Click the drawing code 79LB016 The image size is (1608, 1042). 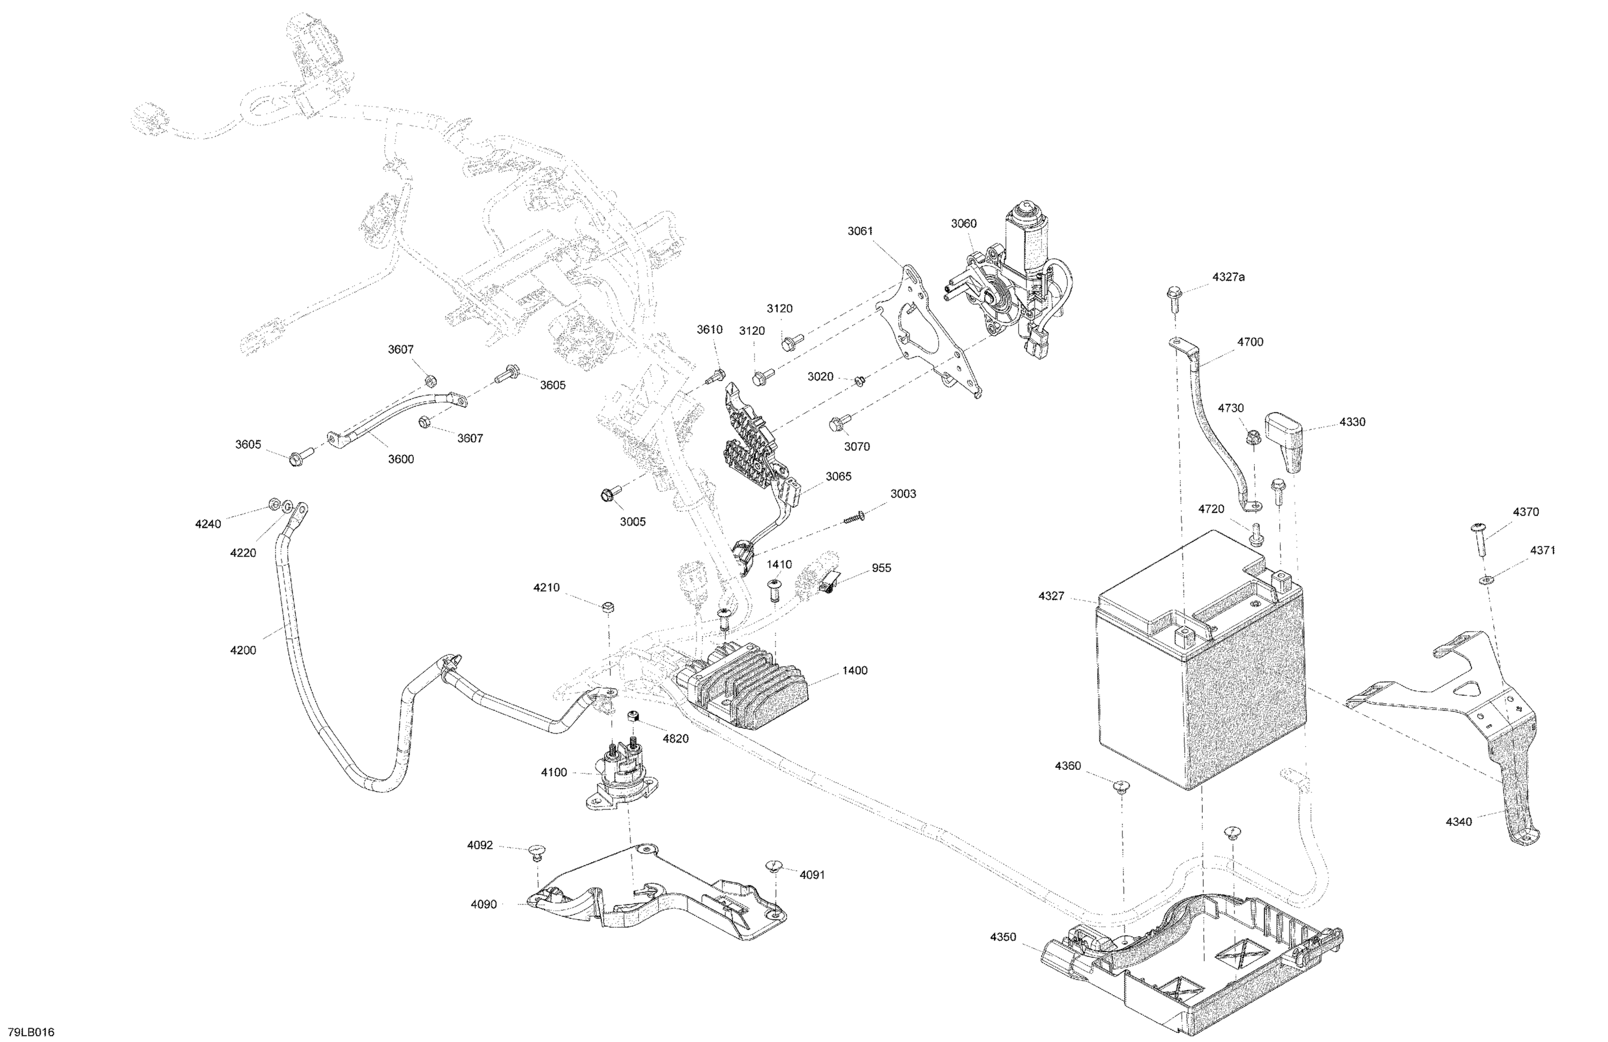(31, 1032)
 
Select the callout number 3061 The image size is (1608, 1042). (860, 231)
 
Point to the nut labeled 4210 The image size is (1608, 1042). (607, 606)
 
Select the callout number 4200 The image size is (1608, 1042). (243, 650)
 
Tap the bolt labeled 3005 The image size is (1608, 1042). (607, 494)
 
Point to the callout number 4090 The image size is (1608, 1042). (484, 904)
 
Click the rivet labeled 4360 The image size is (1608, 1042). (1120, 785)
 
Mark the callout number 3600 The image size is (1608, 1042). (400, 459)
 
